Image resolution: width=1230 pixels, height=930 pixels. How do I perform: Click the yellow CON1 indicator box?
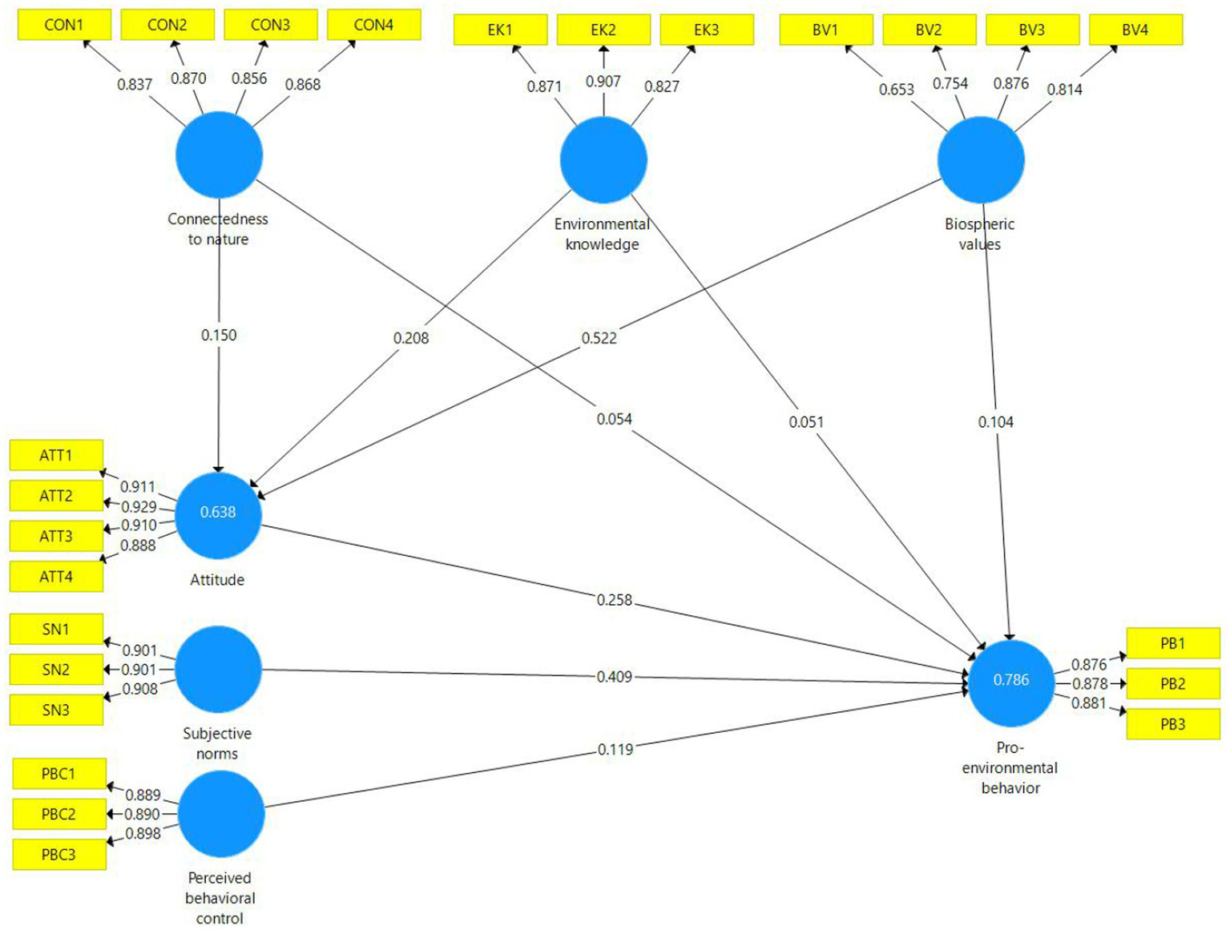coord(64,25)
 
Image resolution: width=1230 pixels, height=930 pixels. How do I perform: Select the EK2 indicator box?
coord(603,30)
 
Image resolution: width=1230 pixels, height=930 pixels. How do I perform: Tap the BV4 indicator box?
coord(1135,30)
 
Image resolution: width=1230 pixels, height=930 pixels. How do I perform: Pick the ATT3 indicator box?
coord(56,536)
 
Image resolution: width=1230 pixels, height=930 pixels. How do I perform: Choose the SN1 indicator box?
coord(56,629)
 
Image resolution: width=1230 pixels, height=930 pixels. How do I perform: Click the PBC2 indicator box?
coord(58,814)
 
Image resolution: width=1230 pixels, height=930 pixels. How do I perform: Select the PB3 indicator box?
coord(1172,724)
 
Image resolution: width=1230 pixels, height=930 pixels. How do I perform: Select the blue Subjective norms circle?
coord(218,669)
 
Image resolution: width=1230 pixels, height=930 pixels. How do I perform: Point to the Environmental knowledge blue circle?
coord(603,159)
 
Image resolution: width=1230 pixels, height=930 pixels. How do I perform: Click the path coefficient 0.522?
coord(599,338)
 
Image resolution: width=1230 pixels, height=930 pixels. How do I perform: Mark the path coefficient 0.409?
coord(615,677)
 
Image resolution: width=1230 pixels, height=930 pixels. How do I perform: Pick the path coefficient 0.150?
coord(219,335)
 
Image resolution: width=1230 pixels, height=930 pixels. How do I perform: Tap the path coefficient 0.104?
coord(995,421)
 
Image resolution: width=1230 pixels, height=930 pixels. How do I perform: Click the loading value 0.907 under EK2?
coord(603,81)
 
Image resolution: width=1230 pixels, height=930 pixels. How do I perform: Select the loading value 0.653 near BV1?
coord(896,89)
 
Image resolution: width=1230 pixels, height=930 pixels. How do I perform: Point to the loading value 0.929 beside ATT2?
coord(139,506)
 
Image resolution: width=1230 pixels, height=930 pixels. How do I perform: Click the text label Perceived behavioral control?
coord(220,898)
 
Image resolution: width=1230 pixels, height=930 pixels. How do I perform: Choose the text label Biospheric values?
coord(979,234)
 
